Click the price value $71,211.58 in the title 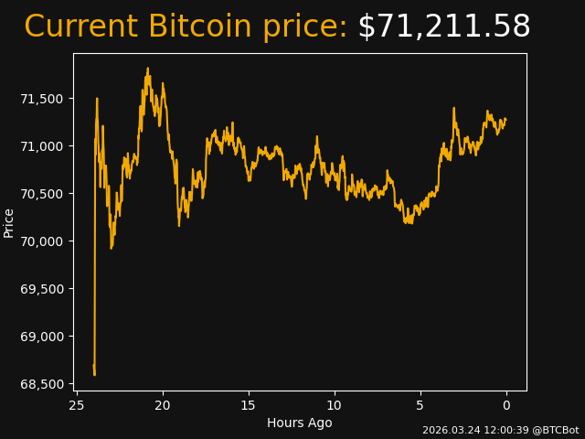click(x=443, y=27)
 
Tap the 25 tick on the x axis click(x=77, y=405)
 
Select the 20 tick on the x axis click(x=163, y=405)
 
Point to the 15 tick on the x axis click(x=249, y=405)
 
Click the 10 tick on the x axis click(x=335, y=405)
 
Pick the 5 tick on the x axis click(x=420, y=405)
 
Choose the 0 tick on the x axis click(x=506, y=405)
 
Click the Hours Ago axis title click(x=299, y=423)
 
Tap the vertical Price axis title click(x=9, y=222)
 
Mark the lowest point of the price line click(x=94, y=374)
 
